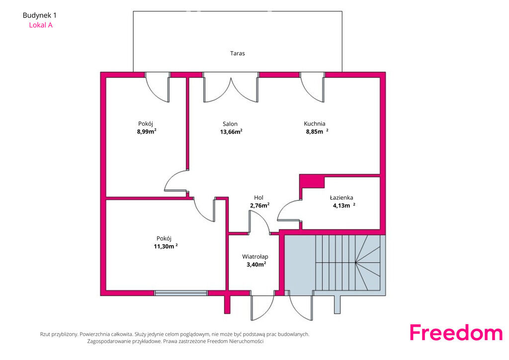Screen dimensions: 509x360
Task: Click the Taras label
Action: [237, 53]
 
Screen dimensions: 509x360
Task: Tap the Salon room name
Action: [230, 124]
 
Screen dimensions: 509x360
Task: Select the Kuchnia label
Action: [314, 123]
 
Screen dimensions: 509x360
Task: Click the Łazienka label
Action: [341, 197]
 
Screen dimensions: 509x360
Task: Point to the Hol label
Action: [258, 197]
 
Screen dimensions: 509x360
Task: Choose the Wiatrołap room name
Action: [255, 257]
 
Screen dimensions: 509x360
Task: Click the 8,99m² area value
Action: [147, 131]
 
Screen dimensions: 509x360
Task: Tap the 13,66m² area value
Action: [231, 131]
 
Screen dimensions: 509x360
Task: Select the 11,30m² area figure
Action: [166, 246]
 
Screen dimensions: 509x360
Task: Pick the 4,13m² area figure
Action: [344, 205]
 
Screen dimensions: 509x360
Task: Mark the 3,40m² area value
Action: [256, 264]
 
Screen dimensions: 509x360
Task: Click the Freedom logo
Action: [456, 332]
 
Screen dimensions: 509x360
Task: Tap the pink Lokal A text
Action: [41, 25]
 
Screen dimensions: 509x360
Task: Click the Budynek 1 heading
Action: [40, 15]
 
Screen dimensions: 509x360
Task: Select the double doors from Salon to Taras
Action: [231, 87]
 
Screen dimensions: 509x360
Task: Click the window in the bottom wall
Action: [181, 293]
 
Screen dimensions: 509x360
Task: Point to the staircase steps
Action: [347, 263]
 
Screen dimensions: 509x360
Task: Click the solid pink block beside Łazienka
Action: [312, 181]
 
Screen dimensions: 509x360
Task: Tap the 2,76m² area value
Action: [259, 205]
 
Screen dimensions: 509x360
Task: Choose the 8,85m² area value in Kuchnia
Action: [317, 131]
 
